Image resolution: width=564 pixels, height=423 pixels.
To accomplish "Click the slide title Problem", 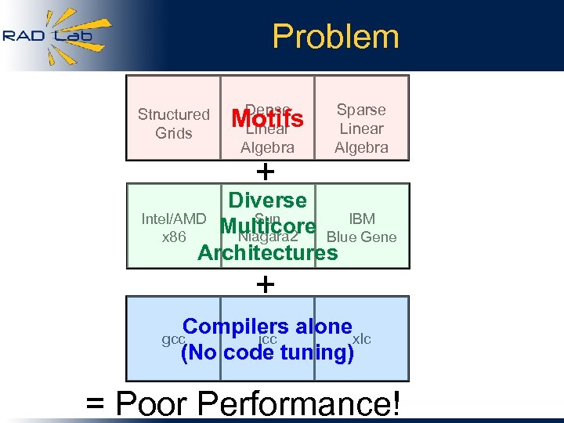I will click(x=335, y=36).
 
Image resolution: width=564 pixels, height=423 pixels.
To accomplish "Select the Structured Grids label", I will click(x=173, y=124).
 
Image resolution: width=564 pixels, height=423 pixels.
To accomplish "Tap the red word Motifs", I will click(x=267, y=119).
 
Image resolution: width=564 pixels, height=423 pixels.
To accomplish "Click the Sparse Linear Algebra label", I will click(x=361, y=128).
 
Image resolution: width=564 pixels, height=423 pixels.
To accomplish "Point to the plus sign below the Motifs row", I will click(x=266, y=171).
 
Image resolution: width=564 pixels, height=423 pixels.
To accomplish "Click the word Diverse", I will click(x=267, y=201).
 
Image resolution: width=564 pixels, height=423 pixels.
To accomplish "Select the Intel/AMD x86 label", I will click(x=173, y=228).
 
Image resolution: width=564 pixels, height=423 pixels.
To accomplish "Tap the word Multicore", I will click(x=268, y=227).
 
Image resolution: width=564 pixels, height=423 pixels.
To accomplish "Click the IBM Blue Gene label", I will click(x=361, y=228).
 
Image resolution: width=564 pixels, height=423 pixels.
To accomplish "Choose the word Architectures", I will click(x=268, y=253).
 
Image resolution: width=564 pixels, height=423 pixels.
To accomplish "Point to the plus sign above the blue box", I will click(x=266, y=284).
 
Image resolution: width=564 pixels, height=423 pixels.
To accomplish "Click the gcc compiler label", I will click(x=172, y=339).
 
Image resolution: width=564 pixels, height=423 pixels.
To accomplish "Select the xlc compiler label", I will click(x=362, y=338).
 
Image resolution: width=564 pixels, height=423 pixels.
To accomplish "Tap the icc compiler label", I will click(x=268, y=338).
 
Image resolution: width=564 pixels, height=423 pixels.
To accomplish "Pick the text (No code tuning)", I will click(x=267, y=353).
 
